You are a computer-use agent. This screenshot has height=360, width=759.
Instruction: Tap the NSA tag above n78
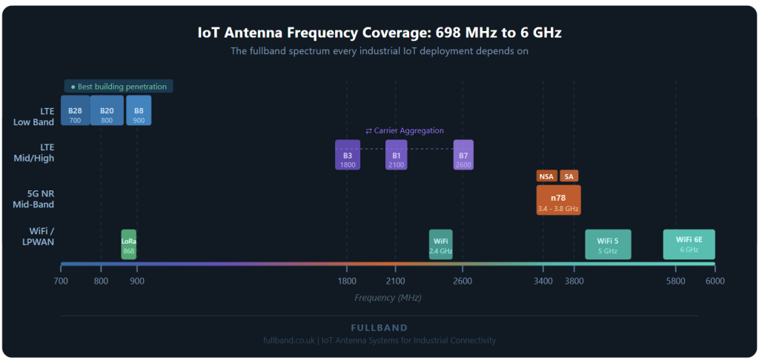pos(546,176)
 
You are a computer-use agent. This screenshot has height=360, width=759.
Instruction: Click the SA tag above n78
pos(569,176)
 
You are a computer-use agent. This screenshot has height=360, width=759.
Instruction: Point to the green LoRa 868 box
pos(129,244)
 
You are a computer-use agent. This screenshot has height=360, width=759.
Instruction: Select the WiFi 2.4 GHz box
pos(440,244)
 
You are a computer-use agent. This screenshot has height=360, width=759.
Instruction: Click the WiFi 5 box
pos(608,244)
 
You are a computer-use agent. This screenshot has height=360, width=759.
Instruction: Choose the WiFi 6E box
pos(689,244)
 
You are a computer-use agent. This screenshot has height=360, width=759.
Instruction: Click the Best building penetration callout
pos(119,87)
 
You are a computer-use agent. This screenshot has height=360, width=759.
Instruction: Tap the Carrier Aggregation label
pos(405,130)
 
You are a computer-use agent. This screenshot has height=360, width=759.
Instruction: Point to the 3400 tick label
pos(543,281)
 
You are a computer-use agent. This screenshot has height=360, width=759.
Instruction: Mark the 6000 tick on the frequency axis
pos(715,281)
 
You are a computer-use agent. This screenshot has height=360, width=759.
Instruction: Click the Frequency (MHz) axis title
pos(388,298)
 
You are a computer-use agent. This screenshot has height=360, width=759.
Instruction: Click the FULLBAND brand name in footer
pos(379,327)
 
